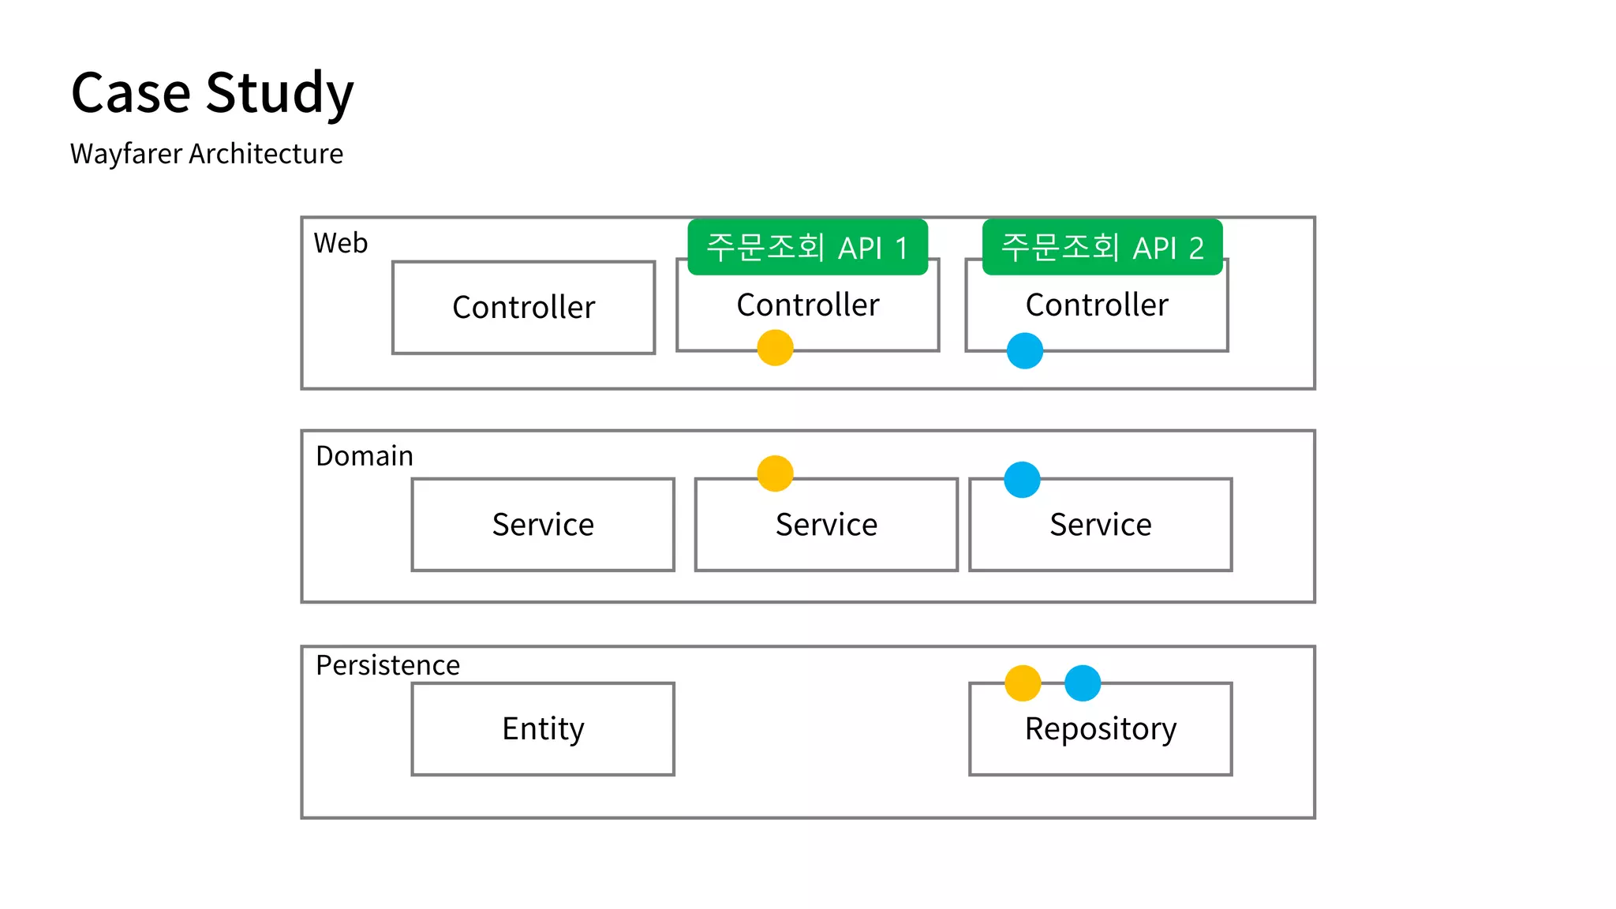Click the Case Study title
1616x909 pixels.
coord(212,93)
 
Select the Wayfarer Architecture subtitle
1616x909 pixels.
coord(207,154)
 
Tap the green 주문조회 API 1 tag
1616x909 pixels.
coord(807,248)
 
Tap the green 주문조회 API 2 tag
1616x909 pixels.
coord(1102,248)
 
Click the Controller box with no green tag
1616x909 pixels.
coord(523,308)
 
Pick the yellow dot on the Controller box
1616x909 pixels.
coord(775,348)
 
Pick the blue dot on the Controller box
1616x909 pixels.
coord(1025,351)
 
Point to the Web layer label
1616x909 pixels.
coord(341,243)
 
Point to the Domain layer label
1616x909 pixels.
coord(365,456)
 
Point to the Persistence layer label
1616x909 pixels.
coord(387,665)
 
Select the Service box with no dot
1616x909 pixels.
coord(543,525)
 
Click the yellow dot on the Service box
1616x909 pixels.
coord(775,473)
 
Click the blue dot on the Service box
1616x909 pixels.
coord(1022,480)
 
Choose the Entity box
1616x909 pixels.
coord(543,728)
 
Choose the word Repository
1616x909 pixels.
coord(1100,729)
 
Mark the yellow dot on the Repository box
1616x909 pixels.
coord(1023,683)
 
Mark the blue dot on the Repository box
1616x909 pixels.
coord(1083,683)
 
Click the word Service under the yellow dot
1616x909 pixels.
coord(826,525)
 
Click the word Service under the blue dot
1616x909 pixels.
coord(1100,525)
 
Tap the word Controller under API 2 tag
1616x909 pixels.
coord(1097,305)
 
